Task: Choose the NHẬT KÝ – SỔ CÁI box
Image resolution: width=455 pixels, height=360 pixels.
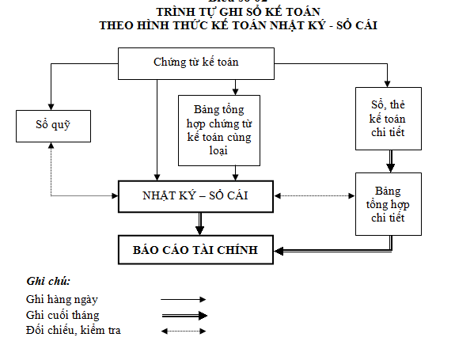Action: pyautogui.click(x=196, y=195)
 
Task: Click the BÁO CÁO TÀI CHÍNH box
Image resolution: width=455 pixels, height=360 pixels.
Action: pyautogui.click(x=196, y=249)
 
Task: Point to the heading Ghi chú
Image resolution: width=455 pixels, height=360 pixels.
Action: pyautogui.click(x=48, y=281)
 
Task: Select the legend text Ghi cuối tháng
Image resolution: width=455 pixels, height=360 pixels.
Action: pyautogui.click(x=63, y=314)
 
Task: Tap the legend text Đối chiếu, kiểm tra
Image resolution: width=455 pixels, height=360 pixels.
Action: pyautogui.click(x=73, y=329)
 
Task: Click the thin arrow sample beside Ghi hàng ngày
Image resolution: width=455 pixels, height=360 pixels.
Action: pyautogui.click(x=183, y=299)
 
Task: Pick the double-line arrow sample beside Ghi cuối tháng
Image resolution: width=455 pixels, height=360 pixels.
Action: pyautogui.click(x=183, y=315)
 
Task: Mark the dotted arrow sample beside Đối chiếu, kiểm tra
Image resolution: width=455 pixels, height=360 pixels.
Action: pyautogui.click(x=183, y=330)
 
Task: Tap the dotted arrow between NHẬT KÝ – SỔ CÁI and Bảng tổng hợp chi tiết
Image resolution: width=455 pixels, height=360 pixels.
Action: pyautogui.click(x=314, y=195)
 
